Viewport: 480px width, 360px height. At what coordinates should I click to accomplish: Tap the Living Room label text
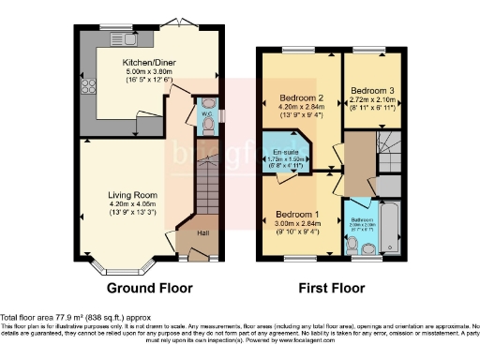tap(131, 195)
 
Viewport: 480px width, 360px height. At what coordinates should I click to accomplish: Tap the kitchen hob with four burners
tap(91, 89)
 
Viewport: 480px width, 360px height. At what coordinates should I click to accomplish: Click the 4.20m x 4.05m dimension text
tap(131, 203)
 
